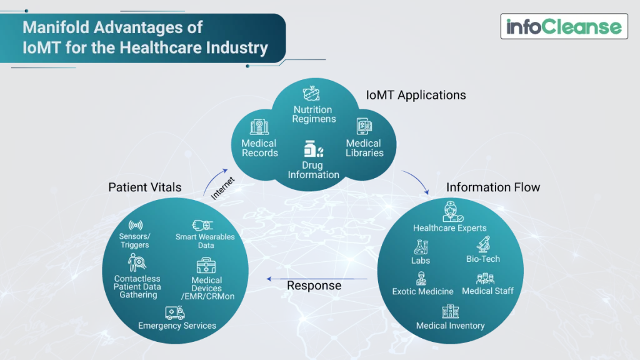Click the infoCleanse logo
[x=564, y=26]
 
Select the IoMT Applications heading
[x=416, y=95]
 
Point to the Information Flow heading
[x=493, y=187]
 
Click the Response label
[x=314, y=286]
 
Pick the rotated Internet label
[x=222, y=187]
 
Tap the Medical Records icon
[x=260, y=127]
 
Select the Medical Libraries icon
[x=364, y=127]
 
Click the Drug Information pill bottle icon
[x=313, y=149]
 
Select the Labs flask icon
[x=421, y=247]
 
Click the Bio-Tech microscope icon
[x=483, y=244]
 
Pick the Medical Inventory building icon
[x=450, y=311]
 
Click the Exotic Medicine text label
[x=422, y=291]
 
